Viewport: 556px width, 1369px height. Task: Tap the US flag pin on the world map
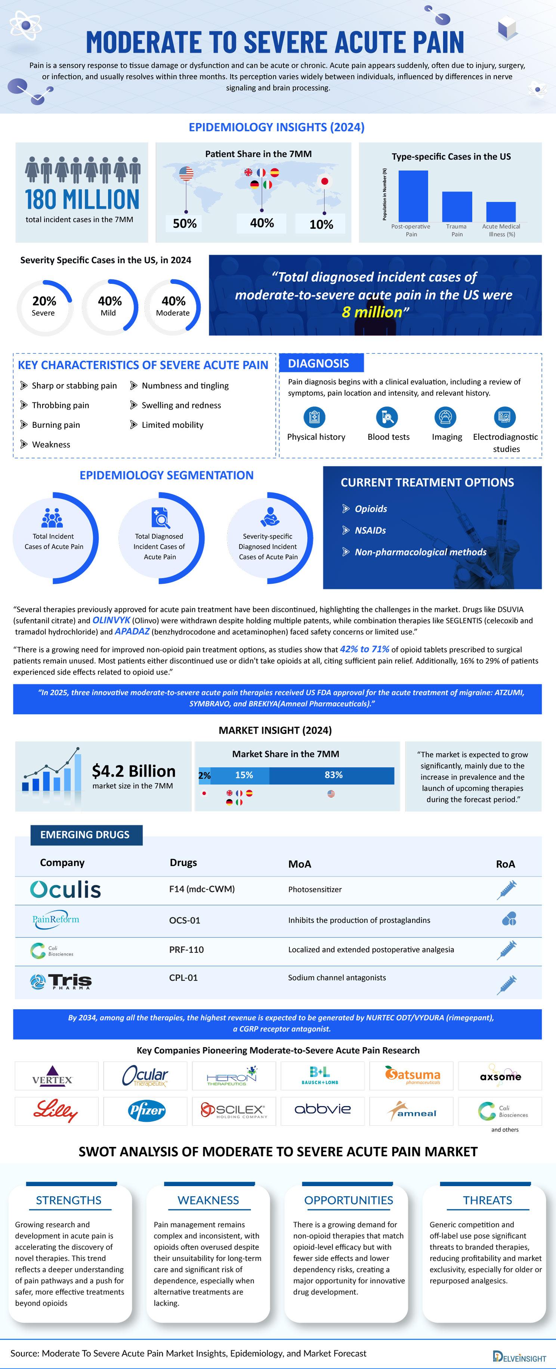coord(186,174)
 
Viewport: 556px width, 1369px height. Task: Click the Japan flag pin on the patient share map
coord(324,182)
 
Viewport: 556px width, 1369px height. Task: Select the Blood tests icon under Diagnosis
coord(387,417)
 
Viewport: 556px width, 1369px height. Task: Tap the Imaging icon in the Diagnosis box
coord(445,417)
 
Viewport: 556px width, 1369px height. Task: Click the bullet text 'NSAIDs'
coord(370,530)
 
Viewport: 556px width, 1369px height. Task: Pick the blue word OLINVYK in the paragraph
coord(111,620)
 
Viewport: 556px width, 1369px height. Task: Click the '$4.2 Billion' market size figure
coord(133,771)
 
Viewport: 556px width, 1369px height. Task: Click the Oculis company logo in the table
coord(65,890)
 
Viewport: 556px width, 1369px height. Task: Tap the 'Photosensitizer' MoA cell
coord(315,890)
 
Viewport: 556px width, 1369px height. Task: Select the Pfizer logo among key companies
coord(146,1111)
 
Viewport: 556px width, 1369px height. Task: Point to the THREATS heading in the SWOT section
coord(487,1200)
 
